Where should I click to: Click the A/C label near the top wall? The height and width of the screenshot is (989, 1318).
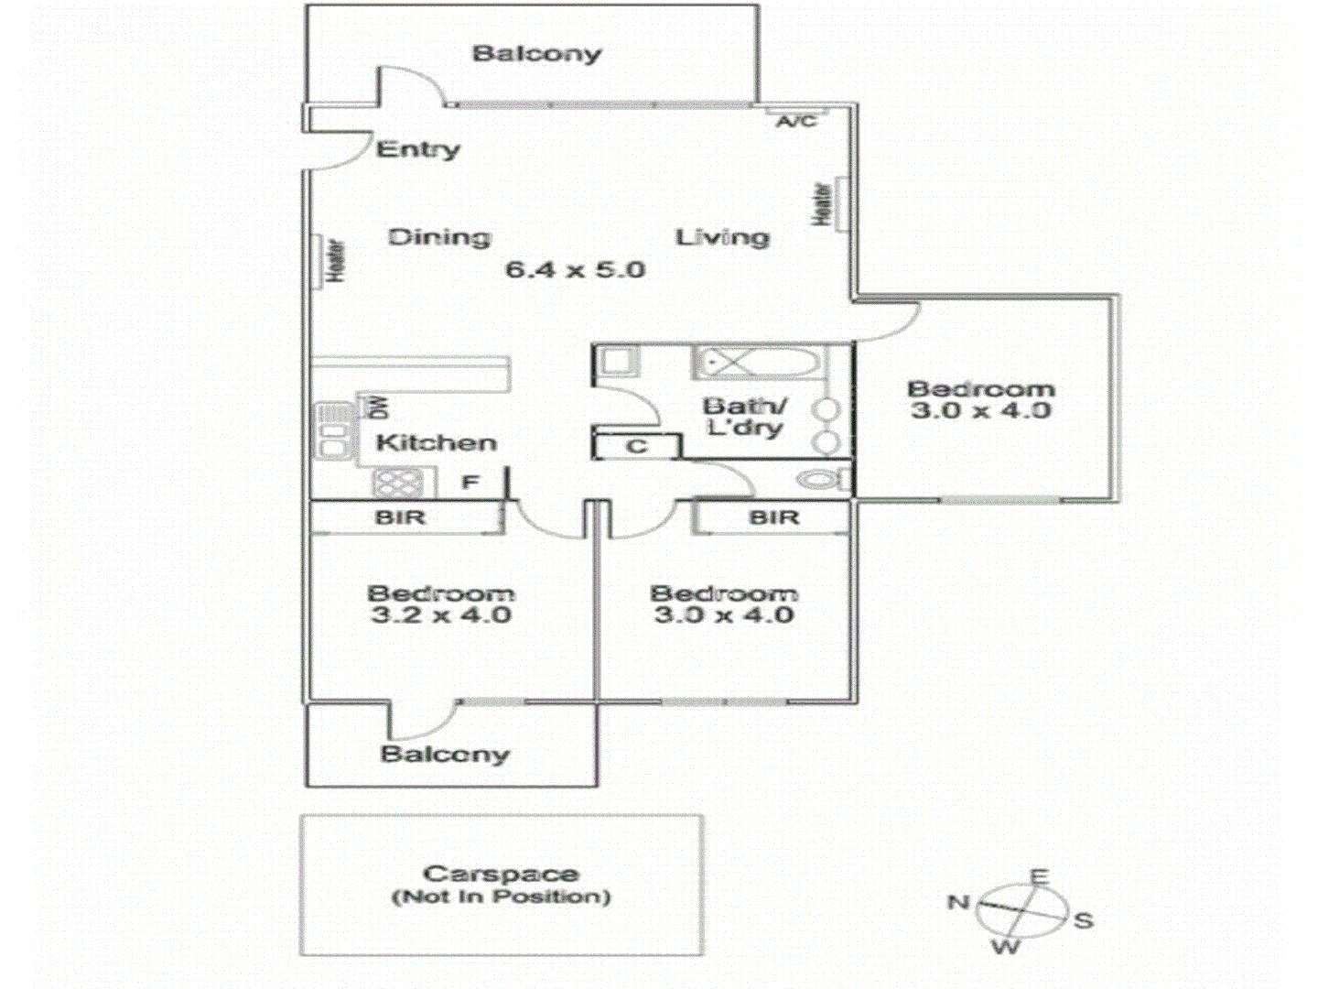(x=795, y=121)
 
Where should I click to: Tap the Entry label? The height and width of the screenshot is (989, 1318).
(x=418, y=149)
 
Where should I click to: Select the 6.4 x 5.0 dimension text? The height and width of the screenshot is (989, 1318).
(x=575, y=270)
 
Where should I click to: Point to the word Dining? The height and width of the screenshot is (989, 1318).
(x=439, y=238)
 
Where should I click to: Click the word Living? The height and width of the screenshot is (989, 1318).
(x=722, y=238)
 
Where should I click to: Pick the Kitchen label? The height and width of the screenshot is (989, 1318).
(x=437, y=443)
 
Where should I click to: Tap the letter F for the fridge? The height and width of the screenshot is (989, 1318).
(x=470, y=482)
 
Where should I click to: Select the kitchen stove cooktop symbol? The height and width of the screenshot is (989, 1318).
(x=398, y=482)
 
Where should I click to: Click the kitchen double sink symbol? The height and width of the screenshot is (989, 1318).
(x=334, y=430)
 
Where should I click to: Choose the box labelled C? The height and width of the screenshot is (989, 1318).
(x=637, y=447)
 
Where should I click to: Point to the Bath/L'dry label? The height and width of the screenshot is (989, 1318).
(x=744, y=417)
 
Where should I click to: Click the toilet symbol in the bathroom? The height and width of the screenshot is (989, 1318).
(x=821, y=479)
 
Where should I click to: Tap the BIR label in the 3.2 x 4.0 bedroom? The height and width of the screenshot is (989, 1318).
(x=401, y=518)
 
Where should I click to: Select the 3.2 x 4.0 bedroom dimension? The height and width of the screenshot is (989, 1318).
(x=441, y=614)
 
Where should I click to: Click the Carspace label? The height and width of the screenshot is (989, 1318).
(x=501, y=875)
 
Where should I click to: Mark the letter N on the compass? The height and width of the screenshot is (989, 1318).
(x=958, y=903)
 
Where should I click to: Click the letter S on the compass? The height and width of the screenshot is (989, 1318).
(x=1084, y=920)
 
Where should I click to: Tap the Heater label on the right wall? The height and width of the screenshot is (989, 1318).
(x=823, y=204)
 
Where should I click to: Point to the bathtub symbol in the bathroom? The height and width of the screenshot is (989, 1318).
(x=758, y=364)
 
